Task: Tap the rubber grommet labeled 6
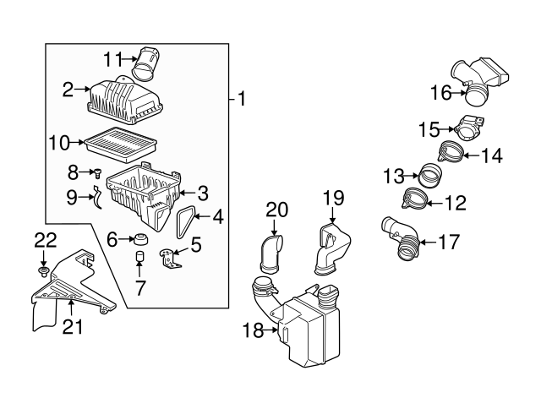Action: [x=140, y=240]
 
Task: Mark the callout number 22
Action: [x=44, y=240]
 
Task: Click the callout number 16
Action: [x=441, y=92]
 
